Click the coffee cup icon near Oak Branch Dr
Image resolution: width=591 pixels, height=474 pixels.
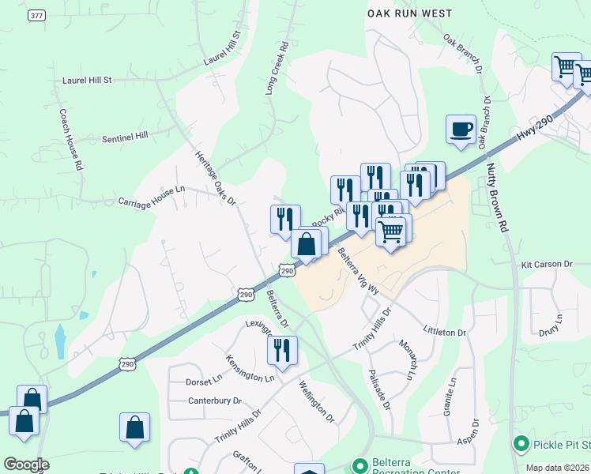(x=461, y=130)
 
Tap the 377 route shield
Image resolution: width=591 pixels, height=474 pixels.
(x=36, y=15)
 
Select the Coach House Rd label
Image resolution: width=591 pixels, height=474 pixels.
(x=70, y=141)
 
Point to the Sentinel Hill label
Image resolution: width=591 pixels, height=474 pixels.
(x=125, y=137)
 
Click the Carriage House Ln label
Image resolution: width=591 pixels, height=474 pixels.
(x=151, y=196)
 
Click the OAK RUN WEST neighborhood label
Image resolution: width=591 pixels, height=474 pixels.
(x=410, y=13)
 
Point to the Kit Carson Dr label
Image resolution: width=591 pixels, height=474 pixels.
(x=547, y=264)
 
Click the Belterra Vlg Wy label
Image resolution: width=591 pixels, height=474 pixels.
(x=359, y=273)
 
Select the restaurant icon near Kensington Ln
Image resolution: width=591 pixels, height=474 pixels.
(x=282, y=352)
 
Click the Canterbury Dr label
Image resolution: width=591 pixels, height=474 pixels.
(x=214, y=401)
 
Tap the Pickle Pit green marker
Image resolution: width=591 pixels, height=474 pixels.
(x=521, y=445)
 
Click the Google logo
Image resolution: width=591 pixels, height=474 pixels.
(x=26, y=465)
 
